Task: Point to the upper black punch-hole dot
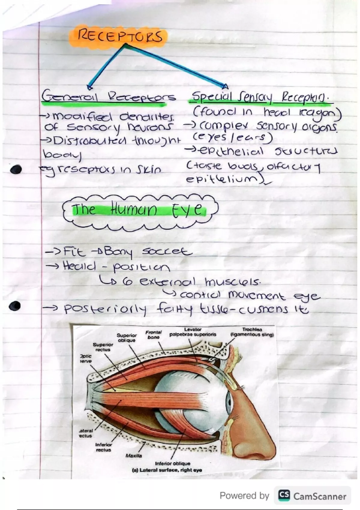tap(16, 170)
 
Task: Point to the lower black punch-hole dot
tap(15, 306)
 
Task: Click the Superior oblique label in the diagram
tap(126, 337)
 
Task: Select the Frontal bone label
tap(153, 334)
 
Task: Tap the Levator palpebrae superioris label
tap(193, 332)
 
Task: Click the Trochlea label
tap(252, 332)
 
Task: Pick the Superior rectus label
tap(103, 347)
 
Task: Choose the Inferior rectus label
tap(103, 447)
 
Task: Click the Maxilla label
tap(134, 455)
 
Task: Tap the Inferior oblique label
tap(172, 463)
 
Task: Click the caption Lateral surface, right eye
tap(167, 470)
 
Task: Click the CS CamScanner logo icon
tap(284, 496)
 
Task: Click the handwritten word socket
tap(166, 251)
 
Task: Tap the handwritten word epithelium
tap(222, 179)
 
